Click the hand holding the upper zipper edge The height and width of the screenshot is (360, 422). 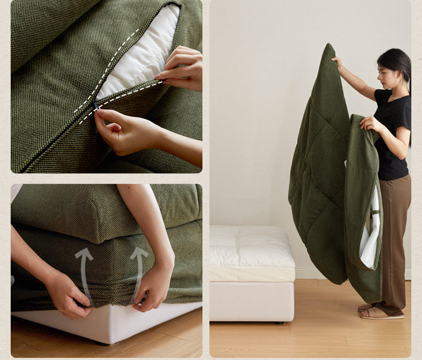click(x=184, y=68)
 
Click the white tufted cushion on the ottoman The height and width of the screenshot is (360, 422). click(x=251, y=248)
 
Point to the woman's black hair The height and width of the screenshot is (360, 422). click(x=398, y=61)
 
